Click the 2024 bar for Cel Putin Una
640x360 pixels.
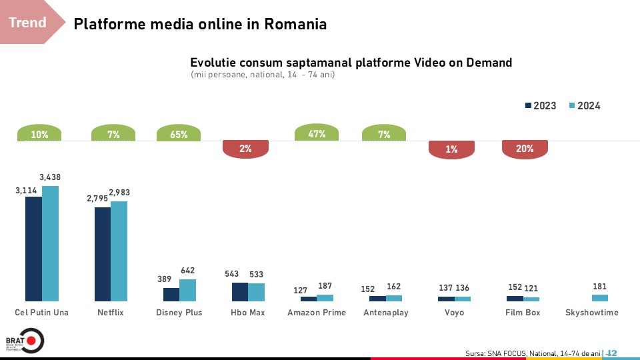(x=50, y=243)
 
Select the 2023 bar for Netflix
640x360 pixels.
(x=103, y=254)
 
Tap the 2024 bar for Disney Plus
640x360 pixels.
(x=188, y=290)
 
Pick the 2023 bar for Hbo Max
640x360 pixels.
(x=240, y=292)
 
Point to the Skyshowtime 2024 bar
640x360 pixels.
(x=600, y=298)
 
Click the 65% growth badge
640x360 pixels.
(x=179, y=133)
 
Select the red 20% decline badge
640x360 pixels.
(x=525, y=149)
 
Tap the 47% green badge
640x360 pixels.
(x=317, y=133)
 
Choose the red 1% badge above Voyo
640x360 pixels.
(x=452, y=149)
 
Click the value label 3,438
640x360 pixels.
(x=51, y=177)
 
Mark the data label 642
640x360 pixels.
(x=188, y=271)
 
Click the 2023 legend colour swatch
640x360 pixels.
(x=528, y=106)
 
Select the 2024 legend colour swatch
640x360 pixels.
(x=572, y=106)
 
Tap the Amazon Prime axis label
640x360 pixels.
(x=317, y=313)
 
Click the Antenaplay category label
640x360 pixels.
(x=385, y=313)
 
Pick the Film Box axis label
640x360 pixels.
(x=523, y=313)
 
